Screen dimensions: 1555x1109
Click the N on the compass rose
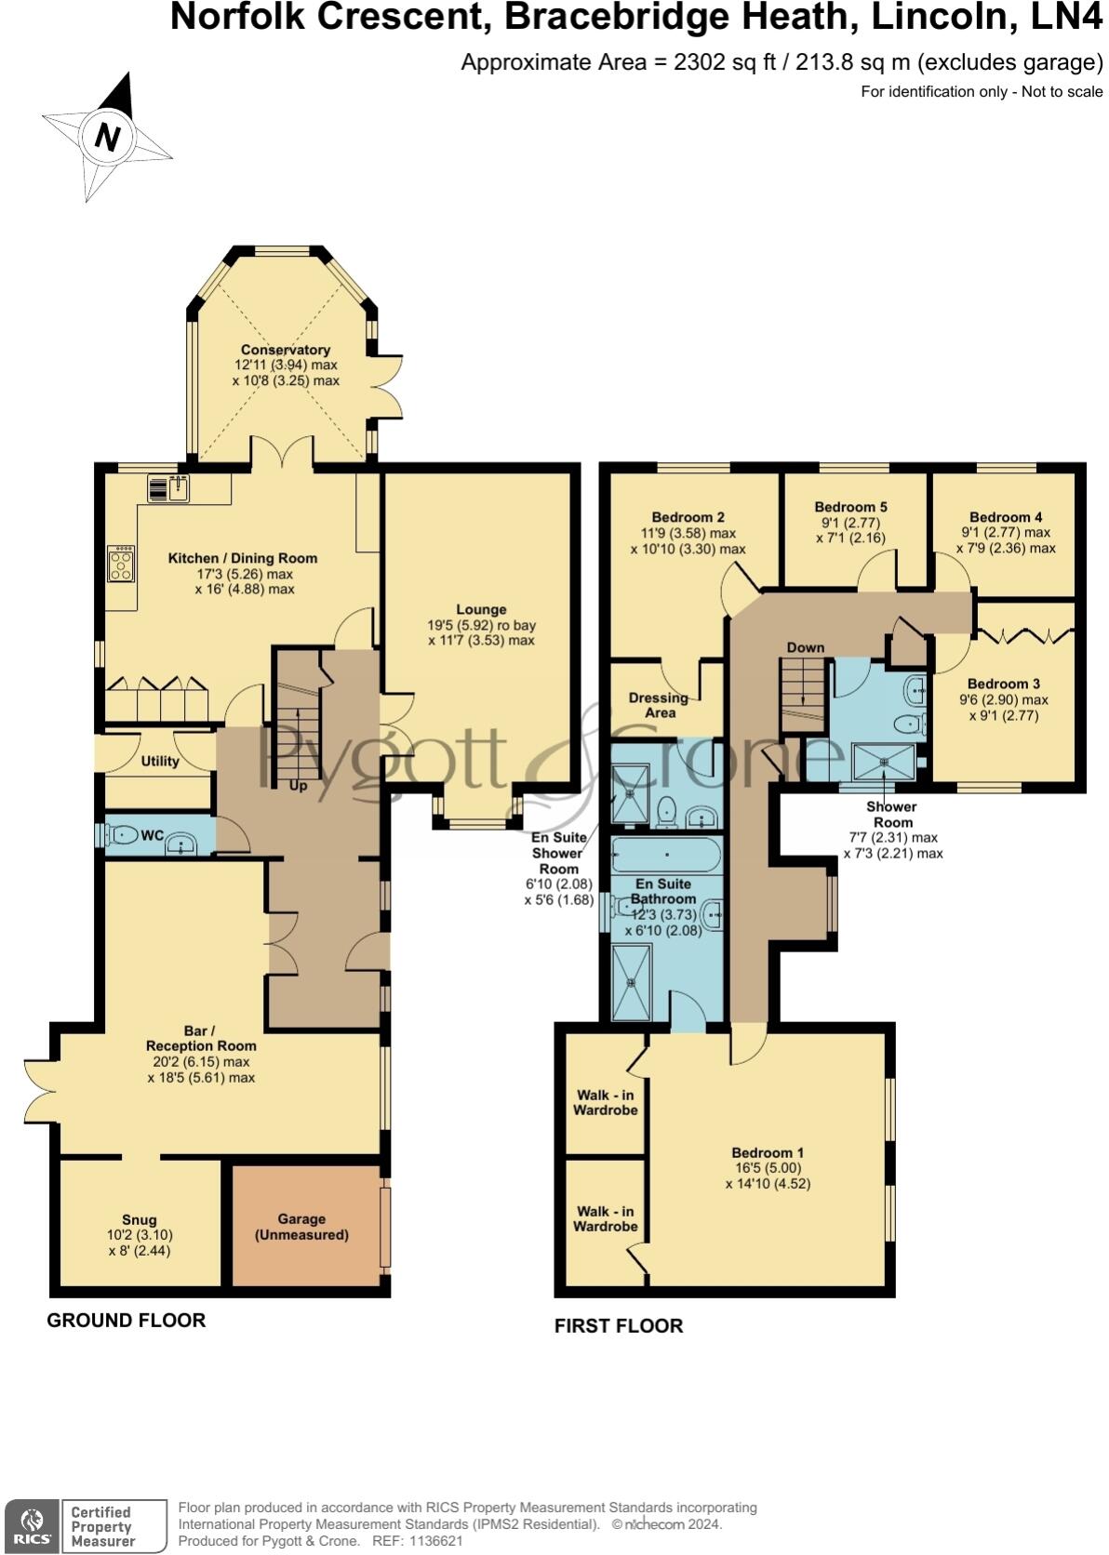pyautogui.click(x=107, y=137)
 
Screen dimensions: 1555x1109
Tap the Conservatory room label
pyautogui.click(x=285, y=350)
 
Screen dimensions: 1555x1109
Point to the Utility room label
pyautogui.click(x=159, y=761)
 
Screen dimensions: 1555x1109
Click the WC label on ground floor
pyautogui.click(x=152, y=836)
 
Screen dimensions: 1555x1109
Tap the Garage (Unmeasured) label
pyautogui.click(x=301, y=1227)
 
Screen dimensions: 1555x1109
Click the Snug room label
pyautogui.click(x=139, y=1219)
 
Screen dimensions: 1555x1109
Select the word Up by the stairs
pyautogui.click(x=298, y=786)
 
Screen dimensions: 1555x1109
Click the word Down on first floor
pyautogui.click(x=805, y=647)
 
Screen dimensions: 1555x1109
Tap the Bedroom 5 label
pyautogui.click(x=850, y=507)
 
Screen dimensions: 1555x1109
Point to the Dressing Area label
pyautogui.click(x=659, y=705)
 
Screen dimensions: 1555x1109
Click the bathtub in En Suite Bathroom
pyautogui.click(x=665, y=853)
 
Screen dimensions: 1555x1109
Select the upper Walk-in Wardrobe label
pyautogui.click(x=605, y=1102)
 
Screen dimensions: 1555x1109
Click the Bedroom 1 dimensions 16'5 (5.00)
pyautogui.click(x=767, y=1168)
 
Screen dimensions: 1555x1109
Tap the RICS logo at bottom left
pyautogui.click(x=32, y=1525)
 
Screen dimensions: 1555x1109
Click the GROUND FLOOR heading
pyautogui.click(x=126, y=1320)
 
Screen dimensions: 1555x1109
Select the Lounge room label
pyautogui.click(x=481, y=610)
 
